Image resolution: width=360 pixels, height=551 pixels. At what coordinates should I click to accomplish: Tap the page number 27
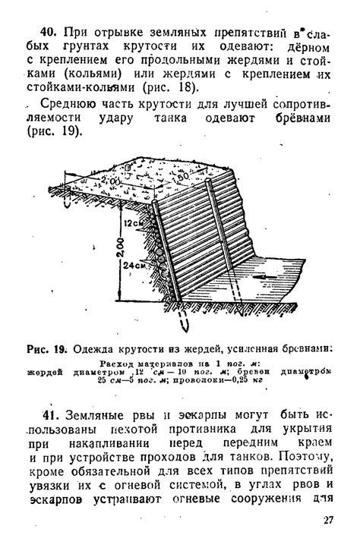pos(328,520)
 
